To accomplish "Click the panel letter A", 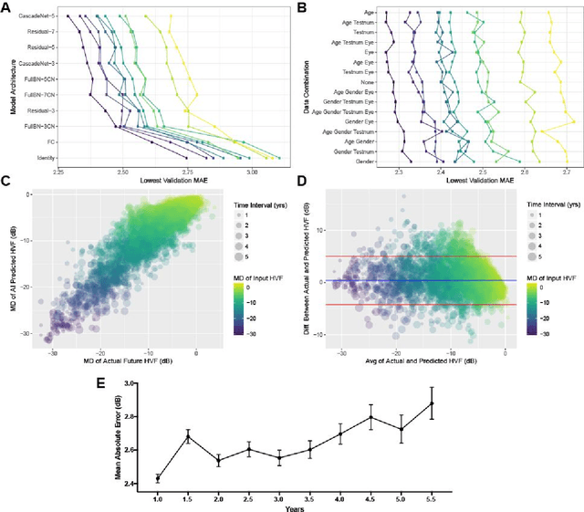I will (6, 7).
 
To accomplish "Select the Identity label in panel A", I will (42, 158).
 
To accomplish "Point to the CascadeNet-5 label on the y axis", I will (33, 16).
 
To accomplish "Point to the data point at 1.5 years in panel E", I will (187, 436).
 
